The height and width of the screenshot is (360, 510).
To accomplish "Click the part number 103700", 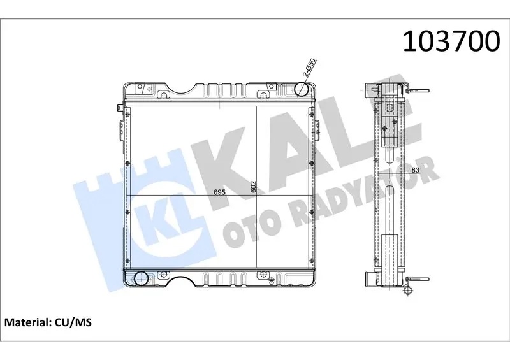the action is tap(451, 41).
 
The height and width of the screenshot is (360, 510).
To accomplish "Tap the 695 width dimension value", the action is tap(219, 192).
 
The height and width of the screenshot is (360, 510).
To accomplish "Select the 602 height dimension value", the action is tap(254, 187).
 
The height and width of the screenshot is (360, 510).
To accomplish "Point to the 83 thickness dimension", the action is tap(416, 169).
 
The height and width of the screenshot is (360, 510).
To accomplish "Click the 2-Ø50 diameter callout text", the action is tap(309, 68).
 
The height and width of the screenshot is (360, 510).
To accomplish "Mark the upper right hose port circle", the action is tap(301, 89).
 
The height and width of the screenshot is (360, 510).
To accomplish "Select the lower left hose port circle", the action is tap(142, 278).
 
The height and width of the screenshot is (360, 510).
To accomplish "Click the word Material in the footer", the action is tap(26, 322).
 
